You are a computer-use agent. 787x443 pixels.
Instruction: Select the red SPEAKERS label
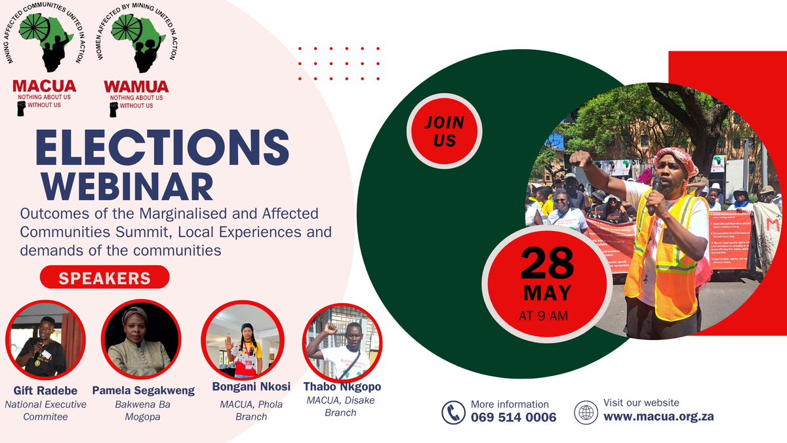[x=105, y=278]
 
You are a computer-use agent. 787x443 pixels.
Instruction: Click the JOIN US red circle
[x=443, y=131]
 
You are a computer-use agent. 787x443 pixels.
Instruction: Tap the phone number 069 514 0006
[x=514, y=417]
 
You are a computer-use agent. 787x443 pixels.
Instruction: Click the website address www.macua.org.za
[x=658, y=416]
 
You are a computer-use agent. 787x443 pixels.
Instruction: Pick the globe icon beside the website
[x=586, y=412]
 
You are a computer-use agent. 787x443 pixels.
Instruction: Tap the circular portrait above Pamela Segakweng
[x=138, y=339]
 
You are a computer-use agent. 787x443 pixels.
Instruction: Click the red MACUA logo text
[x=45, y=86]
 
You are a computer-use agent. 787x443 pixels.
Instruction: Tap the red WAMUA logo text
[x=136, y=86]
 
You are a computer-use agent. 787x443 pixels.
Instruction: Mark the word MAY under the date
[x=546, y=293]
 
